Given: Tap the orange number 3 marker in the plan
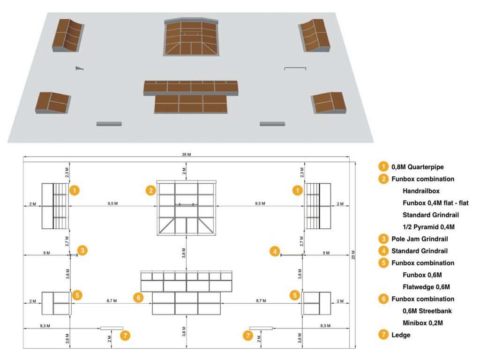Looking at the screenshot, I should [82, 250].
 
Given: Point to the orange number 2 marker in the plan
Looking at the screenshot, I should [150, 190].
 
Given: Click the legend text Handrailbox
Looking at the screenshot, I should [421, 191].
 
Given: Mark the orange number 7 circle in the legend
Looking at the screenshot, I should [383, 335].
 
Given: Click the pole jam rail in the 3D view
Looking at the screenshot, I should [80, 69].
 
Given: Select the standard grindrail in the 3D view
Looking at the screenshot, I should [295, 69].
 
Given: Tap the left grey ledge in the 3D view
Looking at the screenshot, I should [109, 124].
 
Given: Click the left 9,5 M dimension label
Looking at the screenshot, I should [112, 203].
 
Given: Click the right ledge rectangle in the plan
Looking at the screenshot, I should [261, 328].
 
